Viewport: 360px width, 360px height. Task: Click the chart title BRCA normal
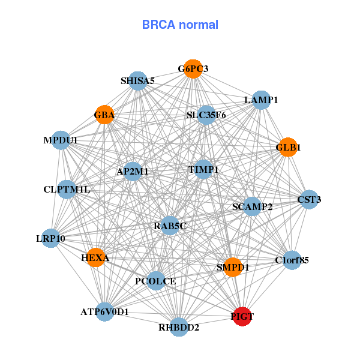click(180, 25)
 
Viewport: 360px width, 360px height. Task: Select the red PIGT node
click(242, 316)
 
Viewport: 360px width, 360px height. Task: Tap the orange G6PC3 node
click(193, 69)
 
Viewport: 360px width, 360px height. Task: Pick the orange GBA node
click(104, 115)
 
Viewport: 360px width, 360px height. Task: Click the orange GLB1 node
click(288, 147)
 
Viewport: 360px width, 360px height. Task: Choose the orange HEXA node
click(95, 257)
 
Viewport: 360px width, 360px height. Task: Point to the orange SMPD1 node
click(233, 267)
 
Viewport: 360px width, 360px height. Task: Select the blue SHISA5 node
click(138, 81)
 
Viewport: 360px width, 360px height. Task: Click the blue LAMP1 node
click(261, 100)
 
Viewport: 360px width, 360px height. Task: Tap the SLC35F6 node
click(206, 115)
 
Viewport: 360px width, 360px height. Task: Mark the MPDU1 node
click(61, 140)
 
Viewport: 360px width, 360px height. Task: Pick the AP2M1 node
click(133, 171)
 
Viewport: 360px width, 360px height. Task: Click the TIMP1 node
click(203, 170)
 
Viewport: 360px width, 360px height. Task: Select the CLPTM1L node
click(67, 190)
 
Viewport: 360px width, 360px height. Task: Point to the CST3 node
click(309, 199)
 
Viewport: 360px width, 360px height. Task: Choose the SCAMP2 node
click(253, 207)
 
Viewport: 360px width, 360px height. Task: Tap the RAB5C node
click(170, 226)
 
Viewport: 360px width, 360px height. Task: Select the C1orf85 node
click(292, 260)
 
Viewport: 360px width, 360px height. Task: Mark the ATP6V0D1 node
click(105, 312)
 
